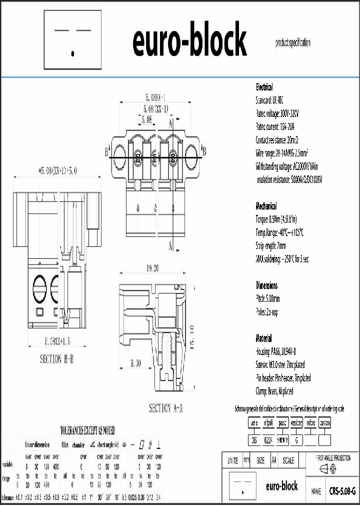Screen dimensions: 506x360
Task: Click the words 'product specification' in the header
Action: pyautogui.click(x=292, y=43)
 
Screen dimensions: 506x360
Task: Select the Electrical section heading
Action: pyautogui.click(x=264, y=87)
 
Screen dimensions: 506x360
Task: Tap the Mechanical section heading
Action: pyautogui.click(x=266, y=206)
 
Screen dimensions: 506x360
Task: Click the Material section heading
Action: pyautogui.click(x=264, y=338)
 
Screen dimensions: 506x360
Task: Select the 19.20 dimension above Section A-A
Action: pyautogui.click(x=152, y=268)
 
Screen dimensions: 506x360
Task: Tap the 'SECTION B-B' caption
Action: pyautogui.click(x=56, y=359)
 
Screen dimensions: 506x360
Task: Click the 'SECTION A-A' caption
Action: pyautogui.click(x=166, y=408)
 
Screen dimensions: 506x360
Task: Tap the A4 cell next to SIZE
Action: pyautogui.click(x=273, y=460)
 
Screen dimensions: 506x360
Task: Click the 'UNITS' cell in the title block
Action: pyautogui.click(x=232, y=460)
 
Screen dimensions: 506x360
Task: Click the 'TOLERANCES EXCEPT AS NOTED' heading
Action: pyautogui.click(x=87, y=429)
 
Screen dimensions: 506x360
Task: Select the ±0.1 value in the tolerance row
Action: pyautogui.click(x=20, y=497)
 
